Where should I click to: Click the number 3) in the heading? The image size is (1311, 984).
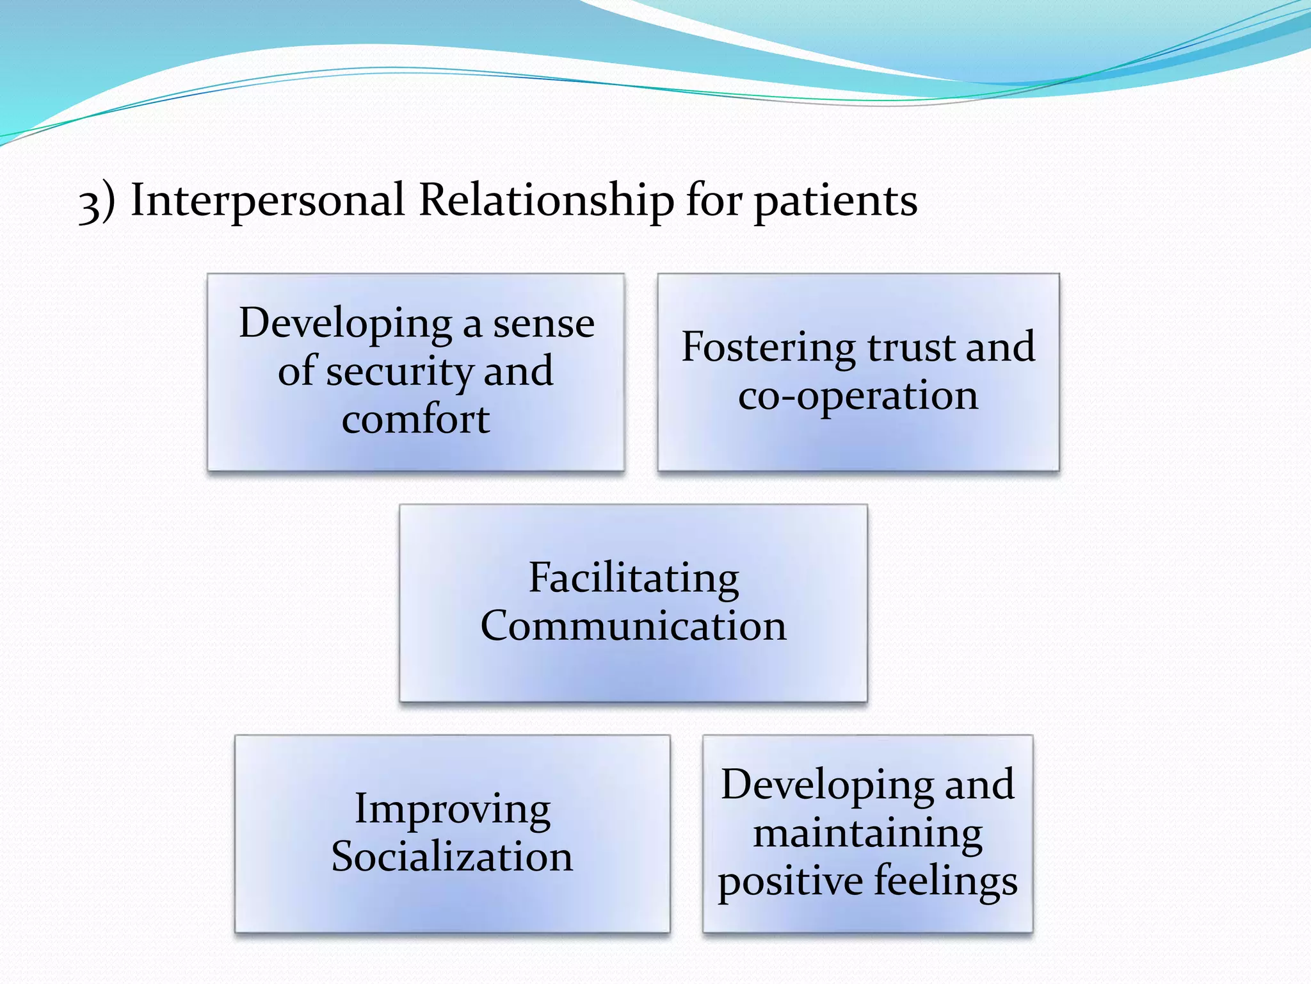[97, 202]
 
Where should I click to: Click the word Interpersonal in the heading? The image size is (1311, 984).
[268, 200]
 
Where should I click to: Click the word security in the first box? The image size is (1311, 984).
[399, 372]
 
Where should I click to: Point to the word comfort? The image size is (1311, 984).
[415, 420]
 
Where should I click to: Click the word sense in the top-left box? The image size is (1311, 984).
[543, 324]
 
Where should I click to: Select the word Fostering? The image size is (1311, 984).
[768, 348]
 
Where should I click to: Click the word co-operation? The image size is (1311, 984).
[858, 396]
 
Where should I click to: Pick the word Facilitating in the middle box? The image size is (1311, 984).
[633, 578]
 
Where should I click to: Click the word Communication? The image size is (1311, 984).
[633, 626]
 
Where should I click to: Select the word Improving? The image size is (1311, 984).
[452, 810]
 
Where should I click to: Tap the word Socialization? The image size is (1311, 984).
[452, 857]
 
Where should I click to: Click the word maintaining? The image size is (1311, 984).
[867, 834]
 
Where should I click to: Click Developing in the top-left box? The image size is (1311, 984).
[346, 324]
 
